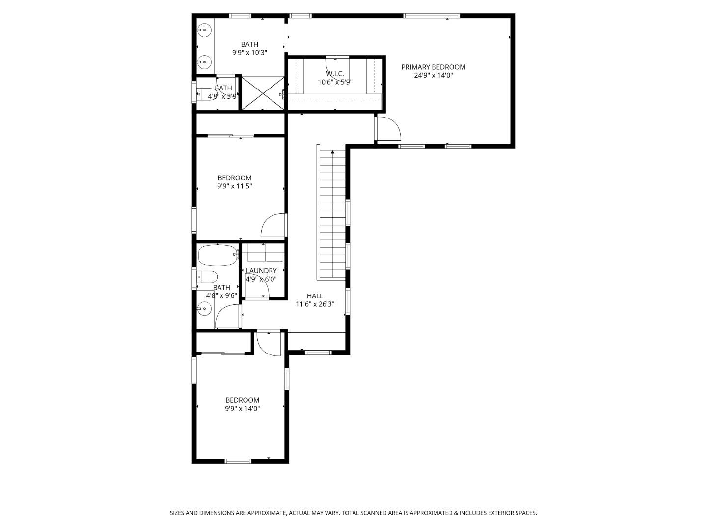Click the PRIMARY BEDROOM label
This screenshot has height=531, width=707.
(x=433, y=67)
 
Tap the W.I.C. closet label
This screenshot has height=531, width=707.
(x=335, y=74)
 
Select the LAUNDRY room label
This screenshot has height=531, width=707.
(x=261, y=271)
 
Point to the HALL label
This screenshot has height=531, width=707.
(x=315, y=296)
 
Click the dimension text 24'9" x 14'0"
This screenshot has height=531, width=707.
(x=434, y=75)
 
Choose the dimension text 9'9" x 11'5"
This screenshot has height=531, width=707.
(x=235, y=186)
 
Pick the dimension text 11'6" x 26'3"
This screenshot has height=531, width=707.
(x=315, y=304)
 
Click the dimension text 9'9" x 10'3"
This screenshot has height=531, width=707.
(x=249, y=52)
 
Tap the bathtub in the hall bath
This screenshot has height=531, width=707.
(x=218, y=256)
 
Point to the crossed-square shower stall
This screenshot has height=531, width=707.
(x=263, y=93)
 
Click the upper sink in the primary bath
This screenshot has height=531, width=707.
(x=204, y=30)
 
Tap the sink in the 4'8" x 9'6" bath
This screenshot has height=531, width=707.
(x=204, y=308)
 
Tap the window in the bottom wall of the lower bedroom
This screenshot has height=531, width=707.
(x=238, y=461)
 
